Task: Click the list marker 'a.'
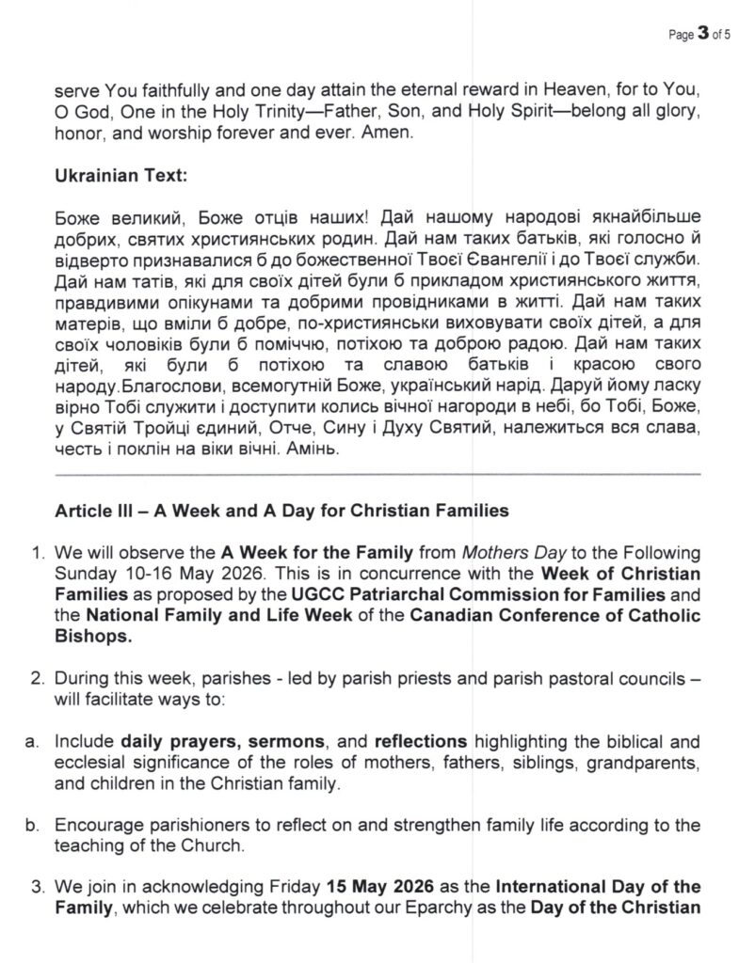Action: tap(32, 743)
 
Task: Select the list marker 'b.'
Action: tap(32, 825)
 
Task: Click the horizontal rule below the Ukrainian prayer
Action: tap(377, 473)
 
